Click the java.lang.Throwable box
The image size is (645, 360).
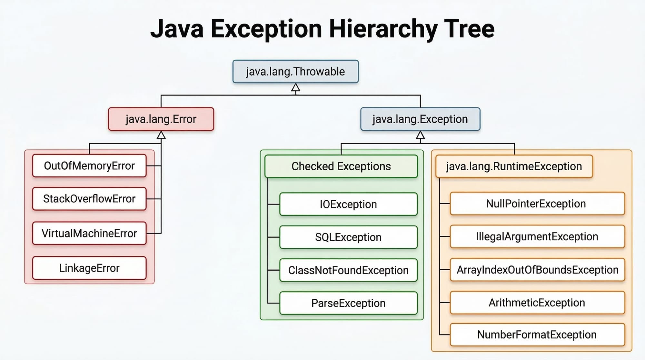tap(295, 72)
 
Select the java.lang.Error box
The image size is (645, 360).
tap(161, 119)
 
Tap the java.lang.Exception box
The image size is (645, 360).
tap(420, 119)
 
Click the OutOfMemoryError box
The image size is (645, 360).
tap(89, 166)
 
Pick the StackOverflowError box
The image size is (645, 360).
tap(89, 199)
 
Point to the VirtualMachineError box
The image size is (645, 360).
tap(89, 233)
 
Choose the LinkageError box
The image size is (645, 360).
tap(89, 268)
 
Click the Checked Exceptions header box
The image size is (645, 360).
tap(341, 166)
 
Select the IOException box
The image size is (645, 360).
tap(348, 204)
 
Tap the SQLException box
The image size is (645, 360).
tap(348, 237)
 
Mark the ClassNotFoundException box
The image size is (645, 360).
tap(348, 270)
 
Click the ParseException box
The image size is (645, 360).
tap(348, 303)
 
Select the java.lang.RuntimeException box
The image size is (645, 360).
tap(514, 166)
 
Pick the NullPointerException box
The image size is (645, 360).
tap(537, 204)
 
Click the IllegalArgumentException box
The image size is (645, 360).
tap(537, 236)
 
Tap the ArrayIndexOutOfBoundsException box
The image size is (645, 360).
tap(537, 270)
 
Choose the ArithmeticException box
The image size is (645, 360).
tap(537, 303)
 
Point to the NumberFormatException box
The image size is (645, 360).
tap(537, 335)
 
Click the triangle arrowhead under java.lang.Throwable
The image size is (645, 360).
tap(295, 88)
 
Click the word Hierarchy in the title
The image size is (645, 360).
tap(383, 29)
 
